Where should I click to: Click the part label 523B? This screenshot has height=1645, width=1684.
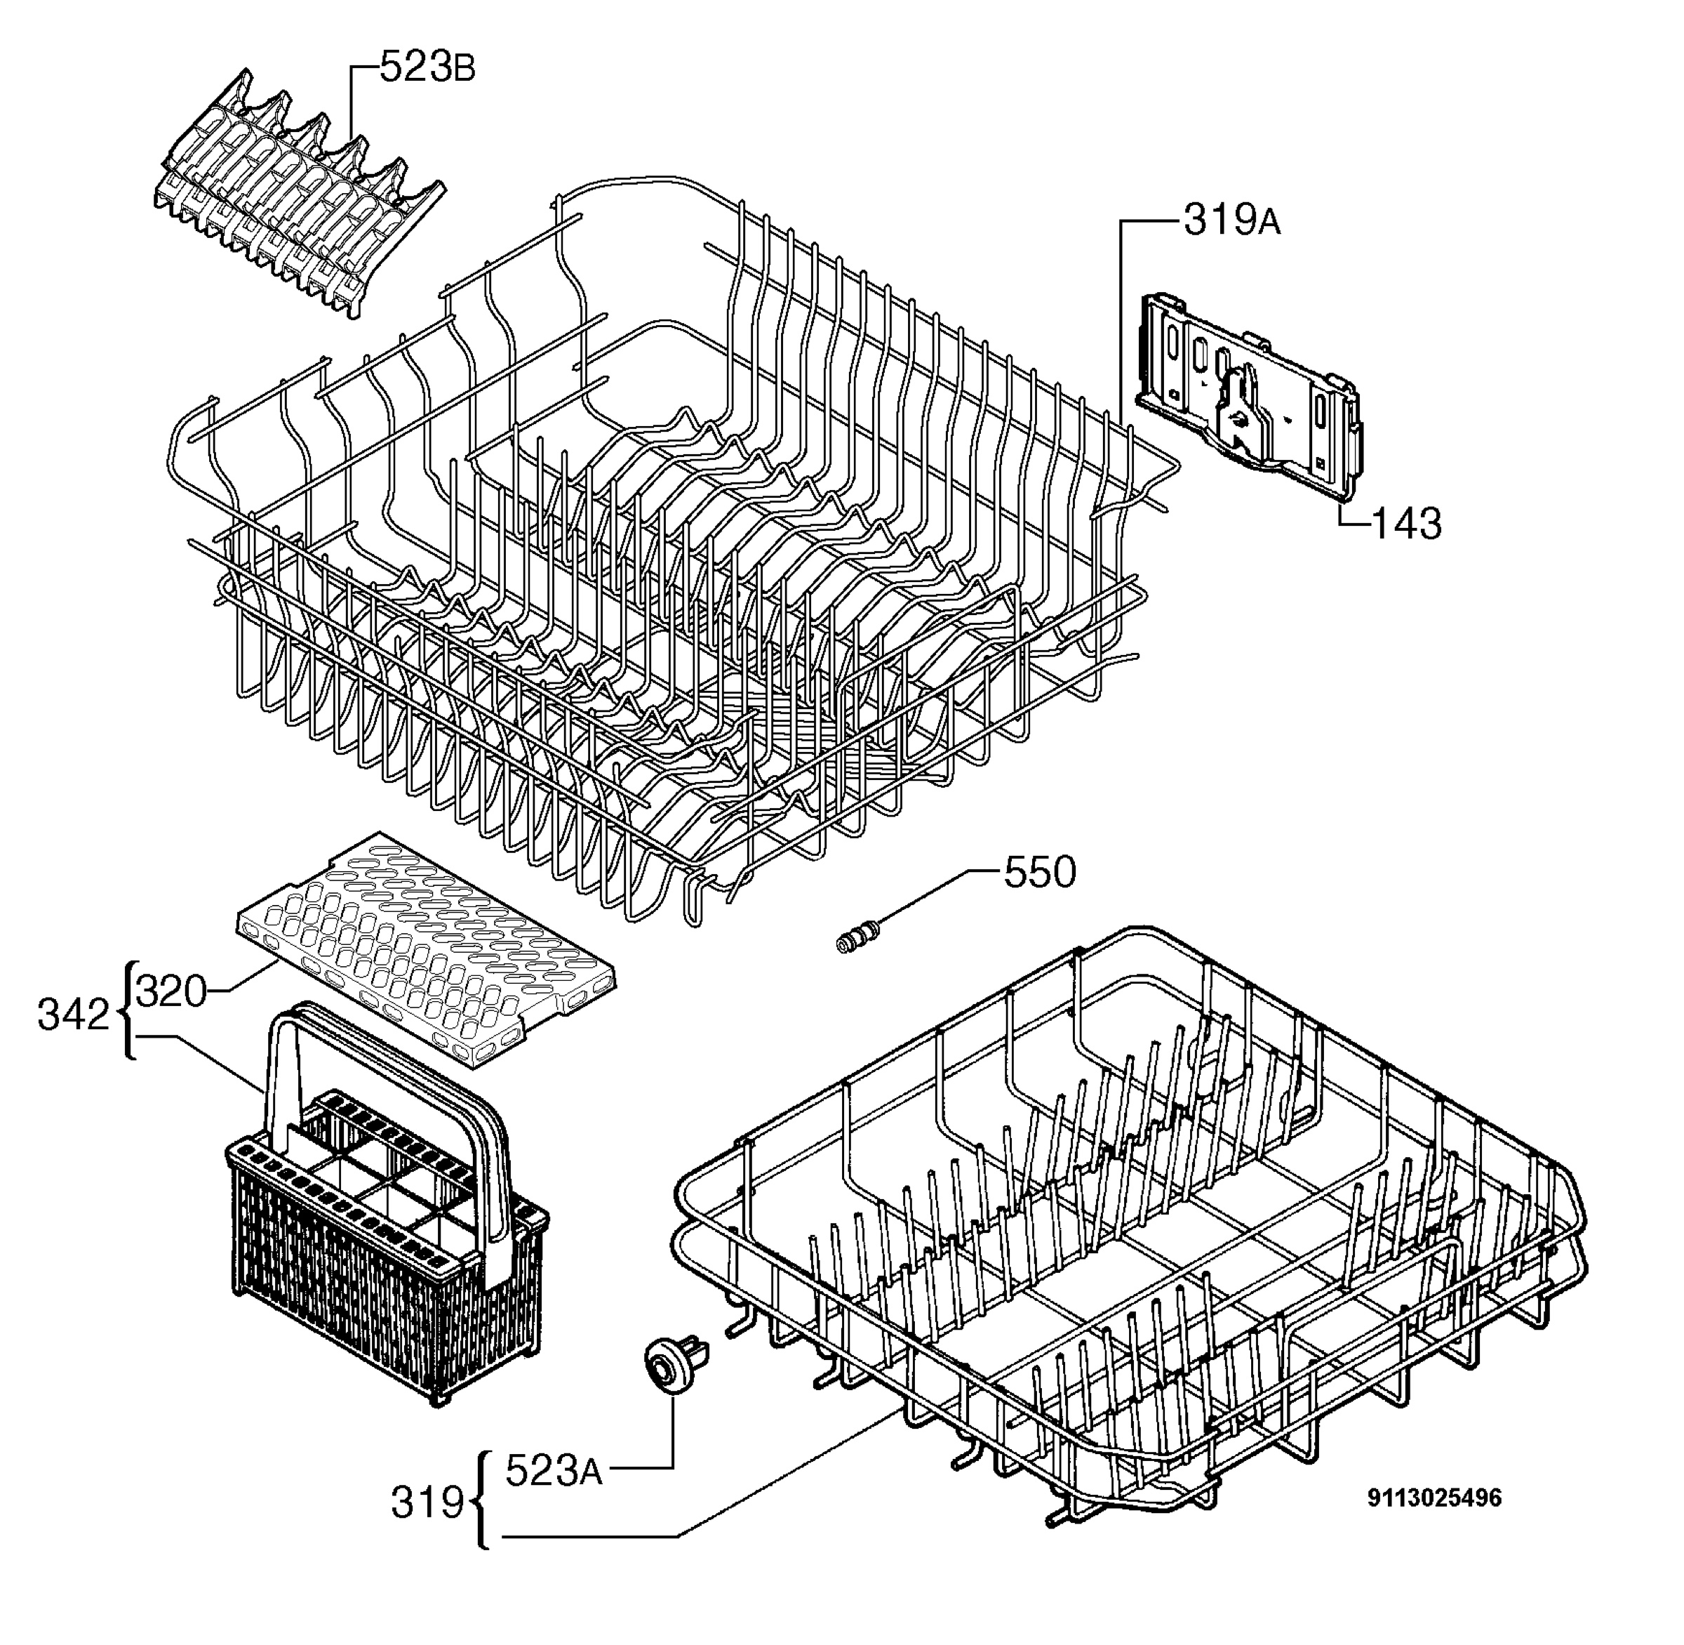(427, 68)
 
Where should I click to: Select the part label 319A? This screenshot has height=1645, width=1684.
(1232, 221)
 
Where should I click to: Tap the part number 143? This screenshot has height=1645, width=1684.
(1406, 524)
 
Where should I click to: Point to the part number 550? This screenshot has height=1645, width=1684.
(1039, 873)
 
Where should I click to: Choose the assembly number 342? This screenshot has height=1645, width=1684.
(74, 1015)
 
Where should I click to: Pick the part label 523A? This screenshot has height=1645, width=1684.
(554, 1470)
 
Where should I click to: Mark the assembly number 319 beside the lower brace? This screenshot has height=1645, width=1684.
(427, 1502)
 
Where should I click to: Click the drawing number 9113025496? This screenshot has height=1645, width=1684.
(1434, 1498)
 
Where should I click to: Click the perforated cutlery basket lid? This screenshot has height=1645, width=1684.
(427, 951)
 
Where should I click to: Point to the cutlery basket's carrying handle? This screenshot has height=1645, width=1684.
(389, 1114)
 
